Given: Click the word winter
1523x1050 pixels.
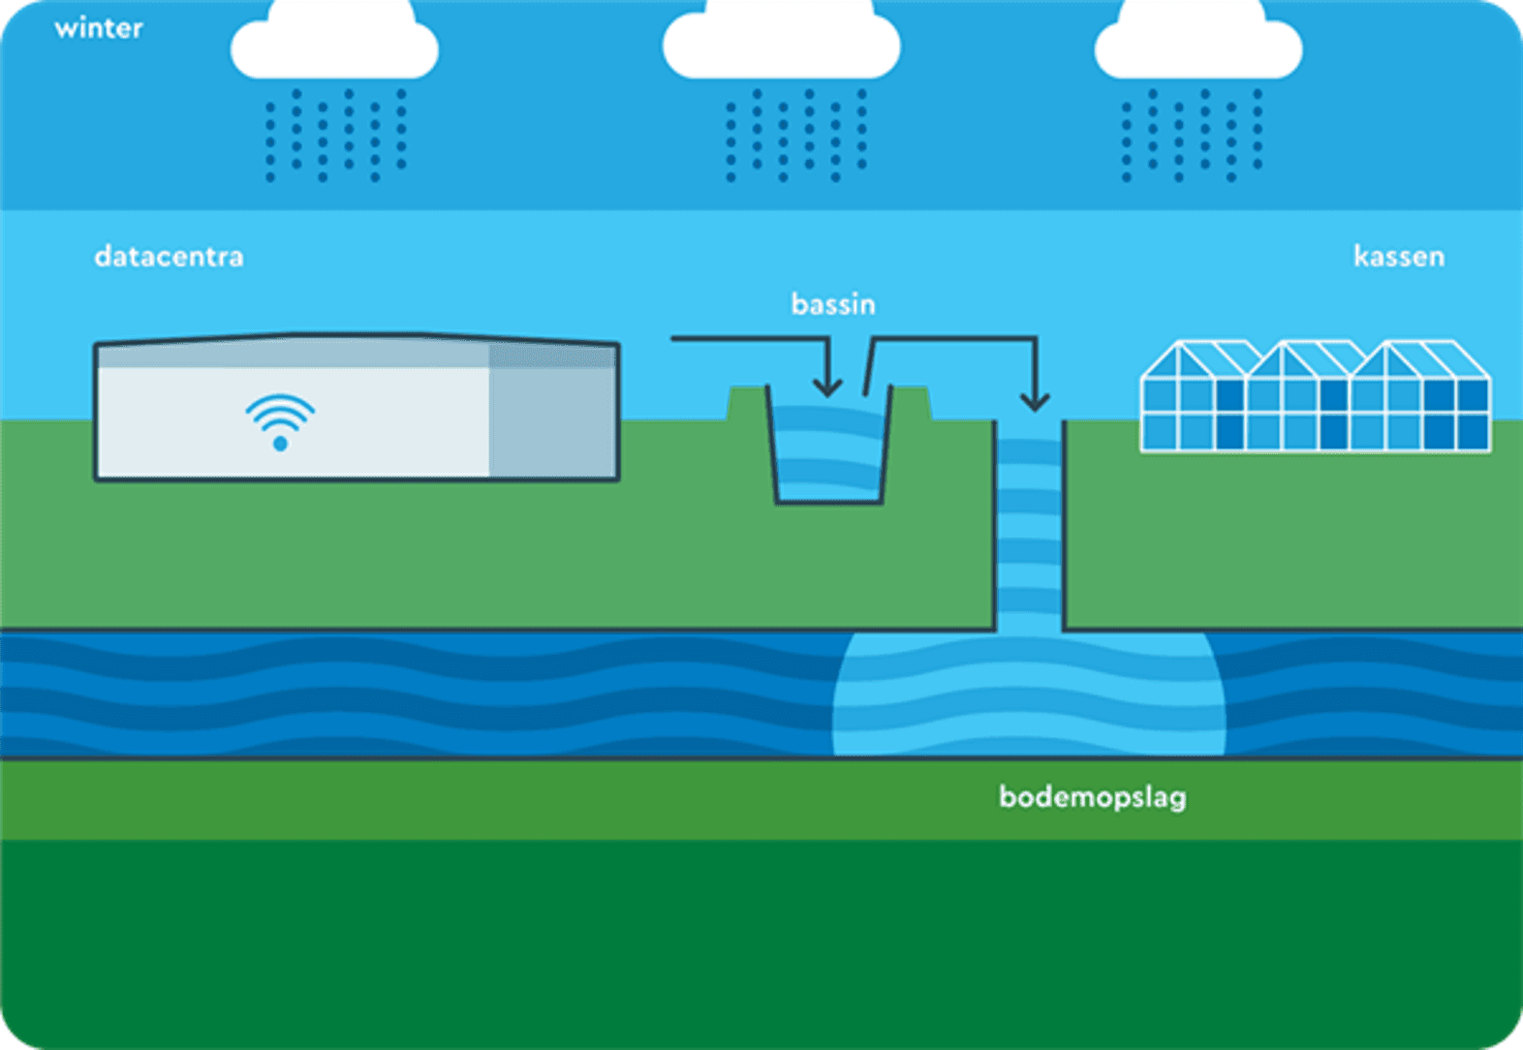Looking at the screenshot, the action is pos(99,28).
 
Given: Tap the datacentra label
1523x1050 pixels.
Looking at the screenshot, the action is pos(170,257).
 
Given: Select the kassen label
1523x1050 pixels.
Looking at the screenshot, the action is pos(1399,257).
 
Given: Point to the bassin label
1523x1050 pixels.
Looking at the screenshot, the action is pos(833,304).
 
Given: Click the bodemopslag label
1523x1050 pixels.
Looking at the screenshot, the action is pos(1093,797).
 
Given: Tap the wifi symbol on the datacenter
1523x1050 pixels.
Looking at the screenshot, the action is pos(280,421).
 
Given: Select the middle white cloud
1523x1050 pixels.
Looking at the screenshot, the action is pos(782,41).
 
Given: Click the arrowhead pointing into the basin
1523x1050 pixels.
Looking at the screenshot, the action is pos(827,387).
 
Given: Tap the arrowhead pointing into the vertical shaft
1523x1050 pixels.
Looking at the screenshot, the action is pos(1035,402).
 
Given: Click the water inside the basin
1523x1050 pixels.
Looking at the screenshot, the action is pos(828,452).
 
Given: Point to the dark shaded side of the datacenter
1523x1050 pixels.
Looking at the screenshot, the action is pos(552,411).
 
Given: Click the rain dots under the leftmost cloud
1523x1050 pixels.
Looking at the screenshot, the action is pos(336,135).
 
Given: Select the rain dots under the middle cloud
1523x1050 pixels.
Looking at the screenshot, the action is pos(796,135).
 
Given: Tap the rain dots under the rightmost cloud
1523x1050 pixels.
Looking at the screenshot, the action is pos(1192,135).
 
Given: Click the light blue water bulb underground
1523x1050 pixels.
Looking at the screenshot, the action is pos(1030,694).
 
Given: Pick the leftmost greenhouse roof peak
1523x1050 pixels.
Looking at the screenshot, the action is pos(1178,343).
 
